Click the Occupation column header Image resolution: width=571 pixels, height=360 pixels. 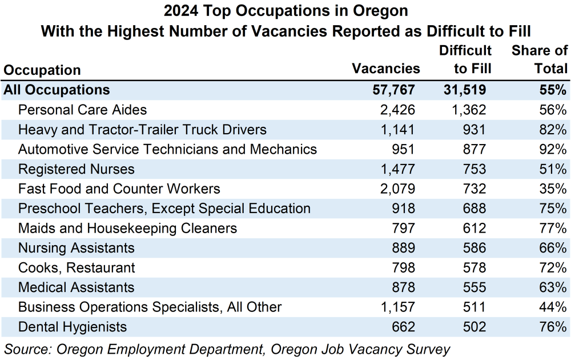[x=42, y=70]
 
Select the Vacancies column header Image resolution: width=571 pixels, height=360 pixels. [x=386, y=69]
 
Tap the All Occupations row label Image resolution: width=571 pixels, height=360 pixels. [x=57, y=90]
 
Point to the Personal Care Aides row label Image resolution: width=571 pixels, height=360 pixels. [x=82, y=110]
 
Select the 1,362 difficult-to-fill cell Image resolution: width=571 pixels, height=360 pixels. [x=467, y=110]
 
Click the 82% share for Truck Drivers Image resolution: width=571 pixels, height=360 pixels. [x=552, y=130]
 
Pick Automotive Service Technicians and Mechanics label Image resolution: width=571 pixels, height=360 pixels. [x=167, y=149]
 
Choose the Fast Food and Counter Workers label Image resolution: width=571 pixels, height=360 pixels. [x=119, y=189]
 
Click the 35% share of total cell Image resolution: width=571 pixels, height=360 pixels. [x=552, y=189]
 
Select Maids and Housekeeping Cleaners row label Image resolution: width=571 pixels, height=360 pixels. [x=127, y=229]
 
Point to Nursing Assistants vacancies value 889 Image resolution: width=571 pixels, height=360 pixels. [x=401, y=248]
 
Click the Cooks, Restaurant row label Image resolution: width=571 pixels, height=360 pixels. [x=77, y=267]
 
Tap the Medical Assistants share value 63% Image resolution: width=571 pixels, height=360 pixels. [x=552, y=287]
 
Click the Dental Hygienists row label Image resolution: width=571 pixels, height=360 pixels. [x=73, y=327]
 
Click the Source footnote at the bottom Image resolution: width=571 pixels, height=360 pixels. [x=227, y=348]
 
